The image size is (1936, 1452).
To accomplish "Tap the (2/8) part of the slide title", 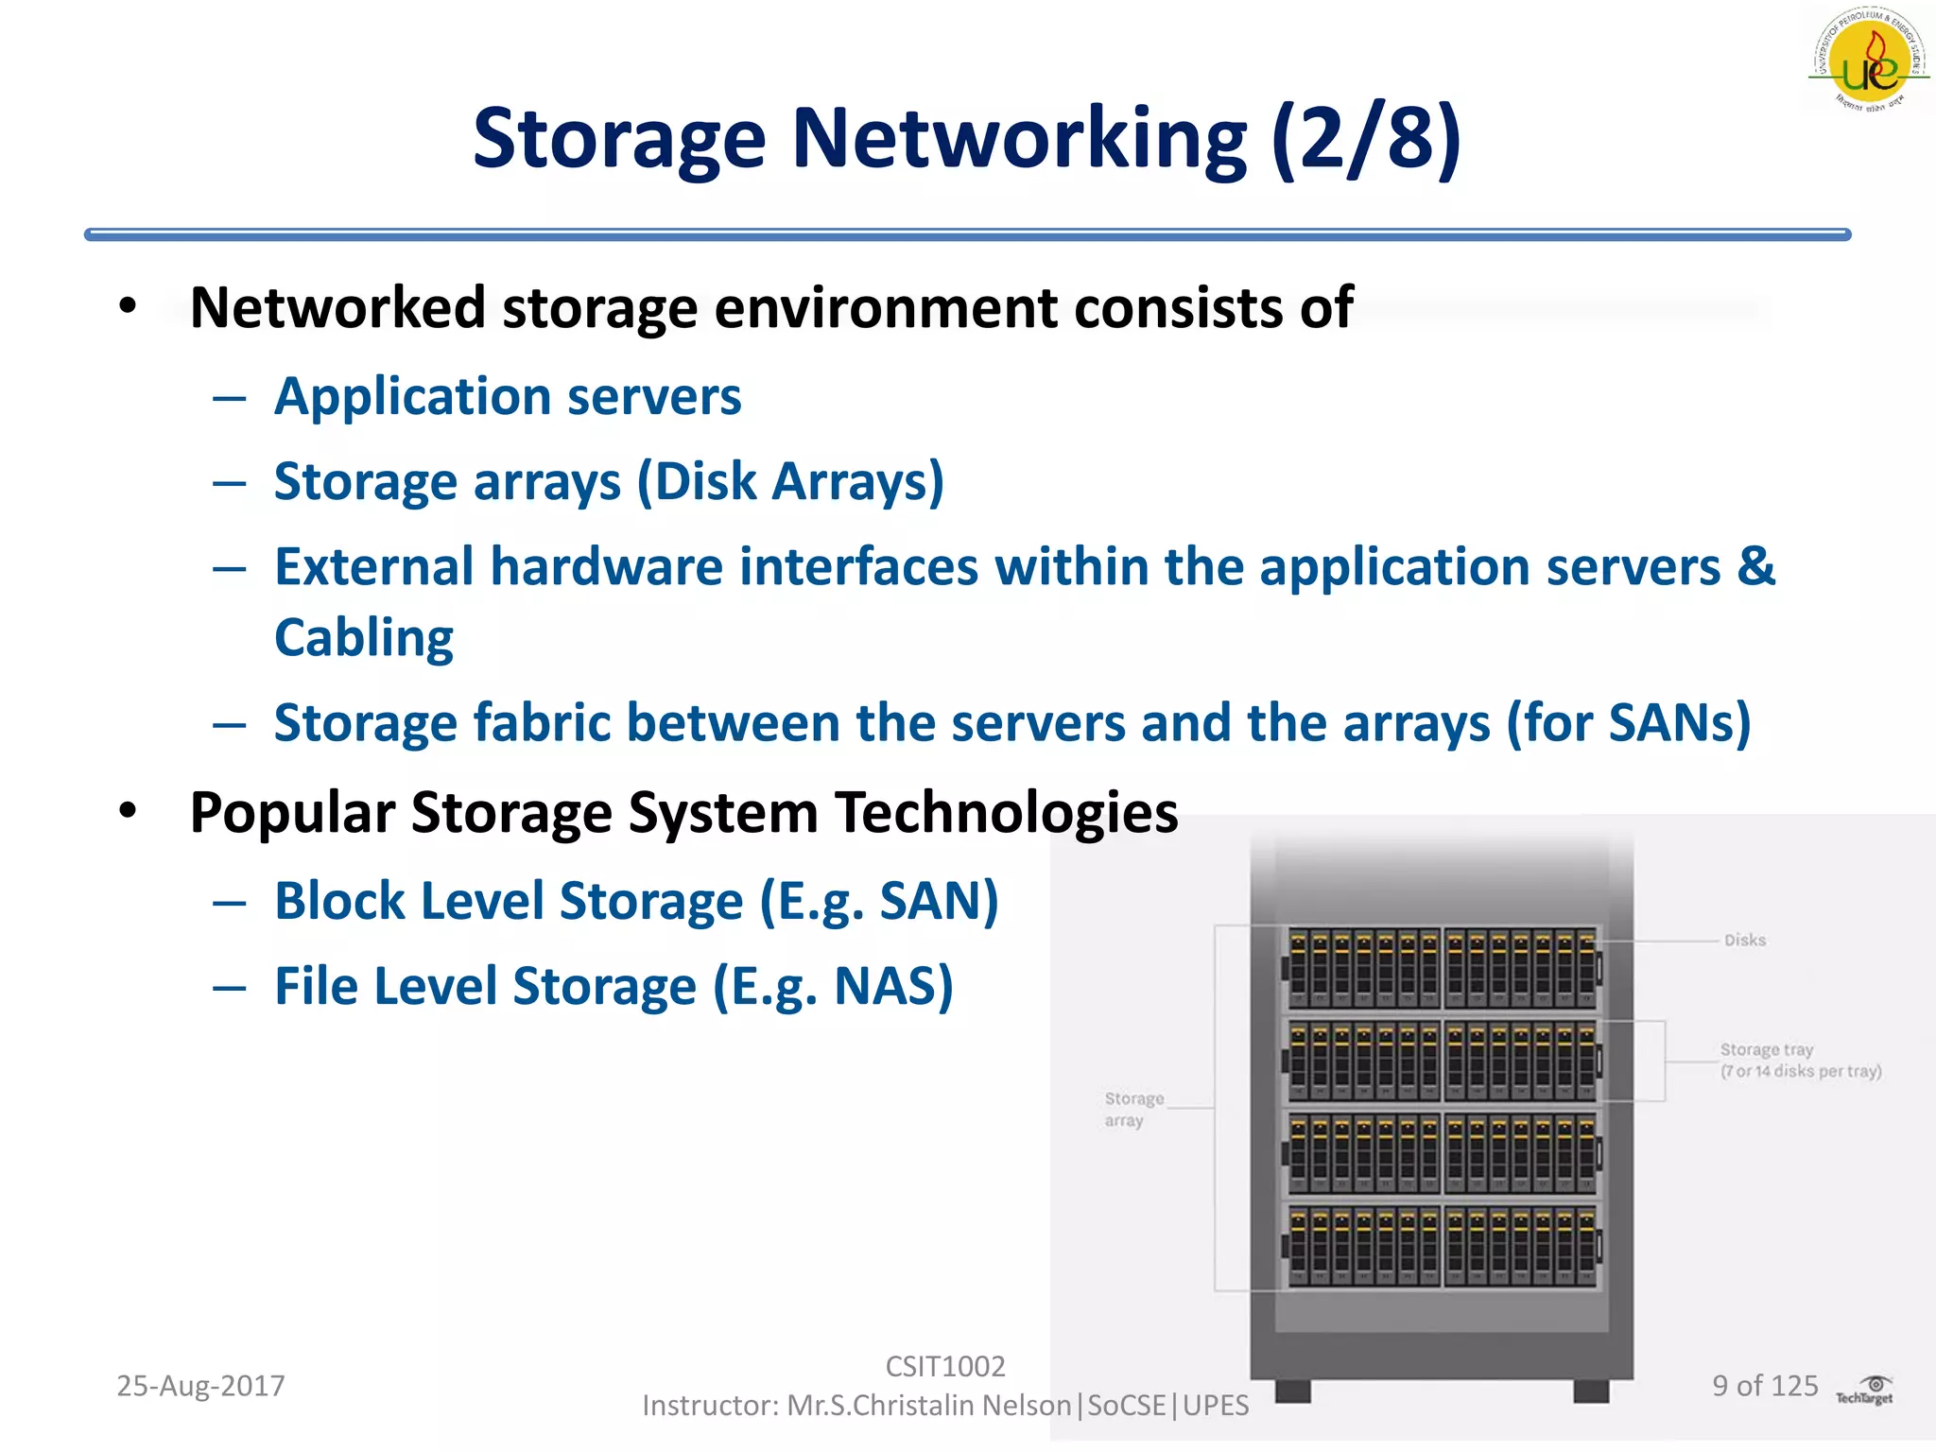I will (x=1366, y=139).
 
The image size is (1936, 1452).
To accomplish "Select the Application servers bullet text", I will (x=508, y=396).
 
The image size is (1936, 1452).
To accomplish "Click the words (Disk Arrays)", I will (x=790, y=481).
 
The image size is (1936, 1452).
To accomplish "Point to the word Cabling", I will (x=364, y=637).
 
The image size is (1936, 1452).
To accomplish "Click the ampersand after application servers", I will (x=1755, y=566).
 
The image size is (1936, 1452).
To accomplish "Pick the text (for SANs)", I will (x=1628, y=723).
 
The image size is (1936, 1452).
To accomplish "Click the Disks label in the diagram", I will (x=1745, y=940).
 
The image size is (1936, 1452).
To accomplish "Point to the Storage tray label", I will (x=1767, y=1049).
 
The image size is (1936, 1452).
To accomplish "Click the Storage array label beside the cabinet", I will (x=1132, y=1109).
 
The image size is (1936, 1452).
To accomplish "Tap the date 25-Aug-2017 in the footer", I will (x=200, y=1386).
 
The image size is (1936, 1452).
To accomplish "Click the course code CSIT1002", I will (x=944, y=1366).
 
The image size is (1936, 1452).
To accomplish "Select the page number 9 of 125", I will (x=1765, y=1386).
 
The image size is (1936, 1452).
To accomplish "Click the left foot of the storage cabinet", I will (x=1292, y=1390).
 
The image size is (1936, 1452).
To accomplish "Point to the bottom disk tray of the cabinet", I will (x=1442, y=1245).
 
